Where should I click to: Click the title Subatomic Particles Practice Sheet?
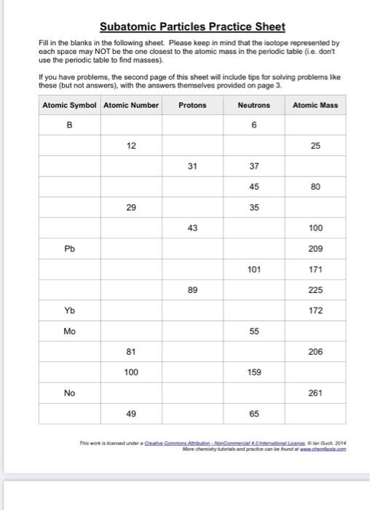pos(192,27)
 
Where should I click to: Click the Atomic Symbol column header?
pos(69,105)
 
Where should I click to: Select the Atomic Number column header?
pos(131,105)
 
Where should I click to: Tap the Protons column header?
pos(192,105)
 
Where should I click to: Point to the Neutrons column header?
pos(253,105)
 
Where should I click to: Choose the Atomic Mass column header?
pos(315,105)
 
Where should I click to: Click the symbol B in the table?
pos(69,125)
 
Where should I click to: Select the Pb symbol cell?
pos(69,248)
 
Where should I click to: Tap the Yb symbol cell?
pos(69,310)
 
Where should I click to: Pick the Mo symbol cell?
pos(69,331)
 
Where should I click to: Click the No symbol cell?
pos(69,393)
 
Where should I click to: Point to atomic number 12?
pos(131,146)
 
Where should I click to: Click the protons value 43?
pos(192,228)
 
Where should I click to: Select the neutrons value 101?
pos(253,269)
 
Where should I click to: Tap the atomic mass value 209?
pos(315,248)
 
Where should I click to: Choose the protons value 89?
pos(192,290)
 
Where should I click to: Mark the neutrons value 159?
pos(253,372)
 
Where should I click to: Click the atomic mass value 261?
pos(315,393)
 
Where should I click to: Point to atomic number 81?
pos(131,352)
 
